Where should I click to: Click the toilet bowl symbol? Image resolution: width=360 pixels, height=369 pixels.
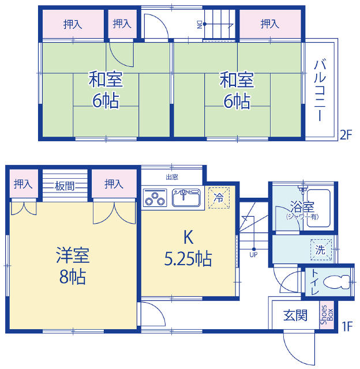(x=337, y=282)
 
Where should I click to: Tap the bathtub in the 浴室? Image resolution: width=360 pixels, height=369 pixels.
(x=318, y=208)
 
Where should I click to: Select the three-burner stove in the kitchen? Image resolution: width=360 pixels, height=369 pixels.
(x=155, y=199)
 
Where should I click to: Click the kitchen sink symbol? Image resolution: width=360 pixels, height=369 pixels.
(x=186, y=197)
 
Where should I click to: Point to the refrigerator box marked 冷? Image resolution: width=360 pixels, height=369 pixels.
(x=219, y=198)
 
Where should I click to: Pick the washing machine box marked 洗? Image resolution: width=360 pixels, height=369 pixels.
(x=321, y=250)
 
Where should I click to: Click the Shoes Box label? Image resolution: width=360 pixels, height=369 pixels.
(x=327, y=315)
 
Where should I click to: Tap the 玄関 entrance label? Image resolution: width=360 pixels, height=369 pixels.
(x=295, y=315)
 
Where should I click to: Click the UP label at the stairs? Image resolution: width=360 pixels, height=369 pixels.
(x=253, y=254)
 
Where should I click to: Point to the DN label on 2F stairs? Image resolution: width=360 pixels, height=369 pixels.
(x=200, y=24)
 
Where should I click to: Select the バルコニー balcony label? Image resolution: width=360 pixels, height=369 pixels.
(x=320, y=90)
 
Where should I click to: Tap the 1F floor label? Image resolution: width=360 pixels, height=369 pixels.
(x=347, y=326)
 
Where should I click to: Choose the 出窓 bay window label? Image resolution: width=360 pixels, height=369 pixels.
(x=172, y=177)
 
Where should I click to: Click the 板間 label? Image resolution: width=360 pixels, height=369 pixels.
(x=64, y=186)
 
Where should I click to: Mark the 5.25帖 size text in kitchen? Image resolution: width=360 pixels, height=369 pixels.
(x=188, y=259)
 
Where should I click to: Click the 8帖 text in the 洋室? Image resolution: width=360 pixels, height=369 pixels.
(x=73, y=277)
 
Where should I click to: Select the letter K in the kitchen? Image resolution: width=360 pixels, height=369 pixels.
(x=188, y=237)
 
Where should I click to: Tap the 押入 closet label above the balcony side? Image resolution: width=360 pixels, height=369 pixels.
(x=270, y=24)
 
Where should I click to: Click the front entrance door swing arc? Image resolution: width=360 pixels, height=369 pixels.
(x=293, y=352)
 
